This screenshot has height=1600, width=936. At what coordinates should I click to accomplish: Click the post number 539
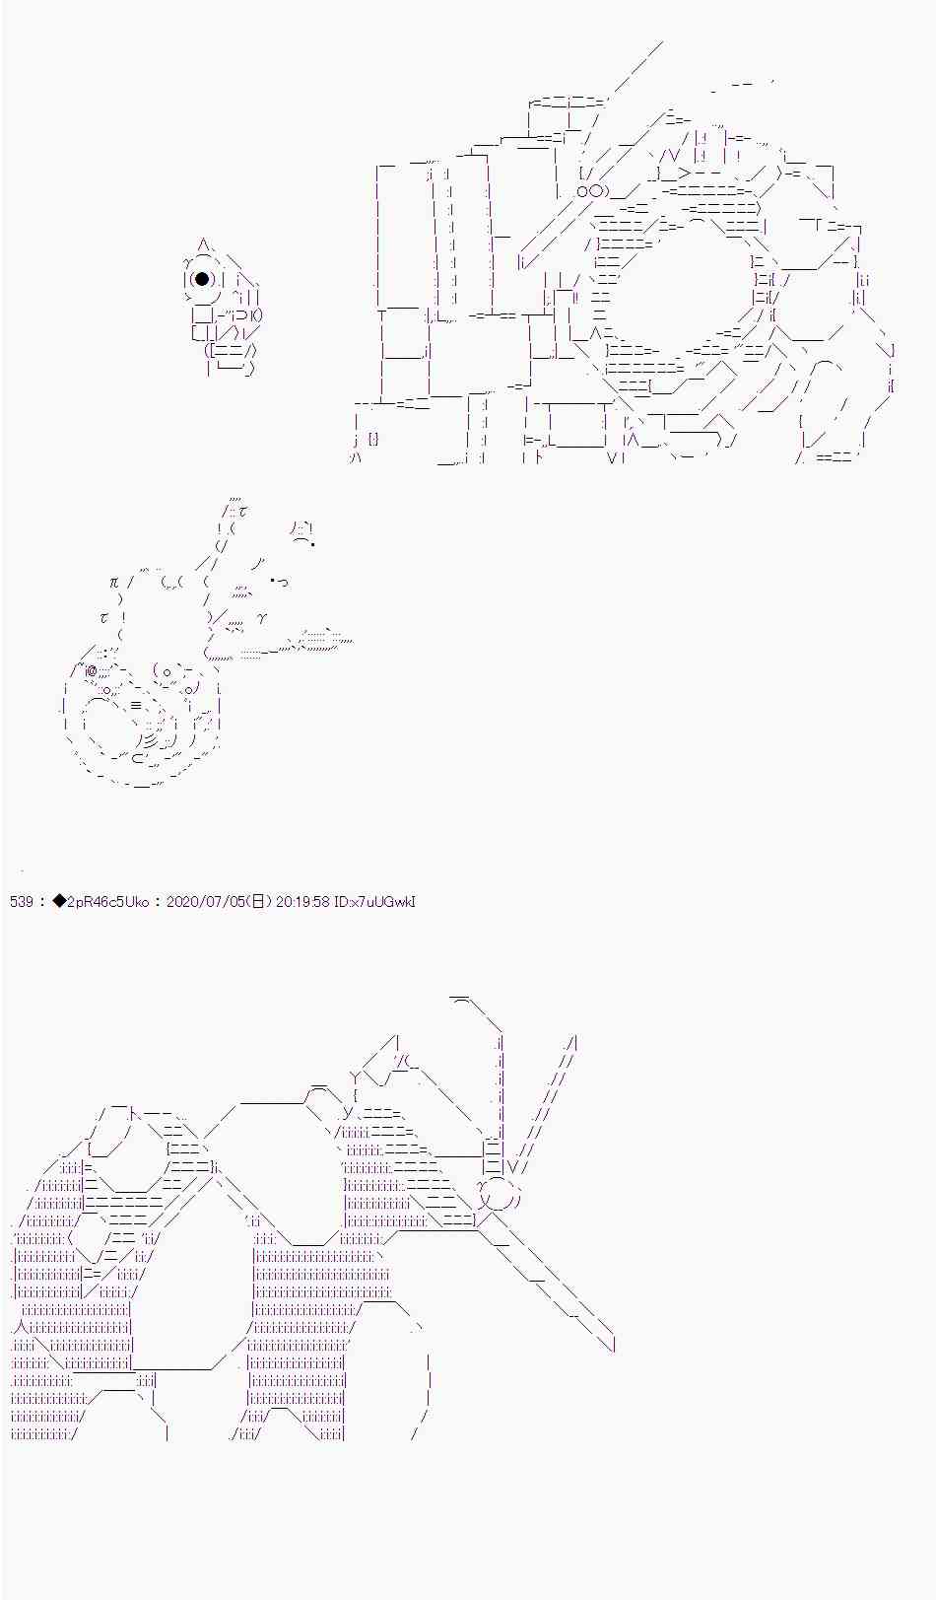click(x=22, y=901)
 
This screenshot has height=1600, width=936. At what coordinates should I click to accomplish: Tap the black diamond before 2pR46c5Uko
click(x=59, y=901)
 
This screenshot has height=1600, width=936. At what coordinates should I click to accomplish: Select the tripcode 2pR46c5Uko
click(x=107, y=901)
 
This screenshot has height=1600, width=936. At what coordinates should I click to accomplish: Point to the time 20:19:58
click(x=302, y=901)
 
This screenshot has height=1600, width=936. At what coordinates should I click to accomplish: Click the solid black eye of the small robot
click(x=202, y=279)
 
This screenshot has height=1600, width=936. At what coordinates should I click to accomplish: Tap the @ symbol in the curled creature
click(x=91, y=670)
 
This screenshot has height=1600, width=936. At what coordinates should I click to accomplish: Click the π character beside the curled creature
click(x=115, y=583)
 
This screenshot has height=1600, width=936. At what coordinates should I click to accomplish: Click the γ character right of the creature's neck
click(x=262, y=618)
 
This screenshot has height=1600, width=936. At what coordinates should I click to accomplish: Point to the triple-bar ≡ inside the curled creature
click(x=136, y=706)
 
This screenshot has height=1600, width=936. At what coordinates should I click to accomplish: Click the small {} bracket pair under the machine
click(x=373, y=439)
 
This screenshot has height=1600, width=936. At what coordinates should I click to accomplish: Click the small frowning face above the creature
click(x=302, y=533)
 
